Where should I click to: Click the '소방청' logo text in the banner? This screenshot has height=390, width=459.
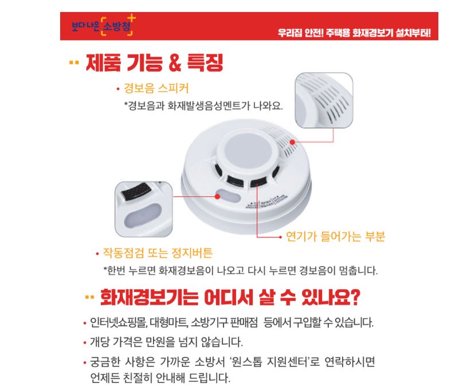[117, 26]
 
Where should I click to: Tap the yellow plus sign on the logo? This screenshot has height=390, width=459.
[132, 18]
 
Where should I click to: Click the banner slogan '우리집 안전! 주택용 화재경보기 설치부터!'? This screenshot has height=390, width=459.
[354, 33]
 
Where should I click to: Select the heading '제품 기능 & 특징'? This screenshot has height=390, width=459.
[154, 62]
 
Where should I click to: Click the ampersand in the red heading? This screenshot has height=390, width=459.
[175, 62]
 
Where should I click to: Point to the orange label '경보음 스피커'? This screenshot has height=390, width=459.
[156, 88]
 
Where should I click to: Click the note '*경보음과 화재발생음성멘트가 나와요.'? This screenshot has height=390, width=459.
[203, 105]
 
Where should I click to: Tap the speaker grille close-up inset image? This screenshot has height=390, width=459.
[324, 100]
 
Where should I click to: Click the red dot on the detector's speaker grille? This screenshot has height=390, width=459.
[292, 142]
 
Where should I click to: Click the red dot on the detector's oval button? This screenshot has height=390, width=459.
[218, 196]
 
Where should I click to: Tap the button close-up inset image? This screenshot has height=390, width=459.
[143, 209]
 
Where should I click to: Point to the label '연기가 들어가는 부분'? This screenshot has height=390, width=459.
[335, 236]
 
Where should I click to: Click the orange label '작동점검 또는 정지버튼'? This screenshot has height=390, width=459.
[158, 253]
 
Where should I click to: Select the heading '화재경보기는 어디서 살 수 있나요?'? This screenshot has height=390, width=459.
[230, 297]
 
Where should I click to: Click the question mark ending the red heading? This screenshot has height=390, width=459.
[355, 298]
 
